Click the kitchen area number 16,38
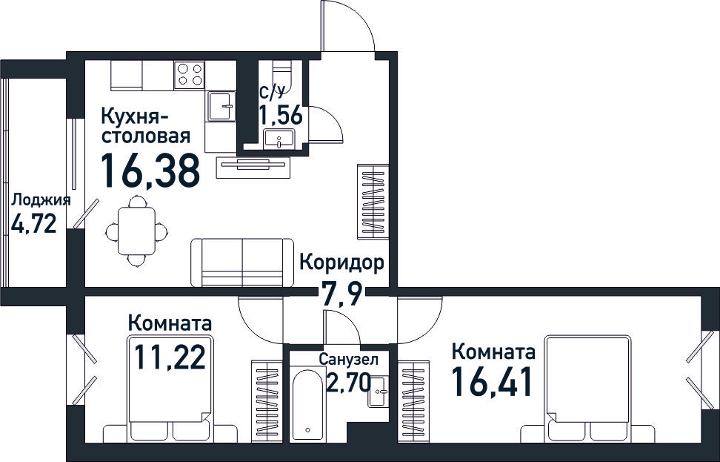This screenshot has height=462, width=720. pos(150,171)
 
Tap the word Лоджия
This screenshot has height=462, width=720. pos(41,200)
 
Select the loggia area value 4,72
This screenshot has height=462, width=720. pos(34,224)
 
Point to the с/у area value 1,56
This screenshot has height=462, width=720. pos(281,114)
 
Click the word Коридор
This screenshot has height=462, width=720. pos(341,263)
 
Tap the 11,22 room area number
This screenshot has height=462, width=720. pos(170,357)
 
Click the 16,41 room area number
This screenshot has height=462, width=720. pos(492,382)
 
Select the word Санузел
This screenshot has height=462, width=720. pos(349,360)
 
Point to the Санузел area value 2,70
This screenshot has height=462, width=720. pos(348,382)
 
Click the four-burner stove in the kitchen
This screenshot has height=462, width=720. pos(189,74)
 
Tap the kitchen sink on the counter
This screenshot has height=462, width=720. pos(221,106)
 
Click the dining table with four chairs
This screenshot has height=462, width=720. pos(136,231)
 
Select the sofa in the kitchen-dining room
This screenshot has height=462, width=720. pos(242,263)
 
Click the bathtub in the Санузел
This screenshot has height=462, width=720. pos(307,403)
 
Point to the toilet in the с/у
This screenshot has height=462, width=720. pos(282,76)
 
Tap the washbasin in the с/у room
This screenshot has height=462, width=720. pos(279,139)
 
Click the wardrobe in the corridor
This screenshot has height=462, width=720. pos(373,202)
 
